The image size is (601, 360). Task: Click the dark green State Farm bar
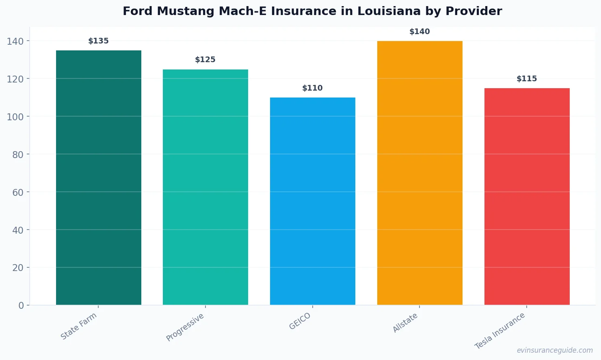99,178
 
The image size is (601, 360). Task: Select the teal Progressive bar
205,187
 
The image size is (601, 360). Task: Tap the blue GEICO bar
313,201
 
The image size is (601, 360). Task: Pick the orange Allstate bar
419,173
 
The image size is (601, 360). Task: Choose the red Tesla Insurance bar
527,196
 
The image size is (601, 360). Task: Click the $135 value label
99,41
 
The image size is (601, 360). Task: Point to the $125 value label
205,60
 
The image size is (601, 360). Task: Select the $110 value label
313,88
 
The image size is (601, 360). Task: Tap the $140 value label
419,32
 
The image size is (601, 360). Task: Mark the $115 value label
527,79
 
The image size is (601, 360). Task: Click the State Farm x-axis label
79,326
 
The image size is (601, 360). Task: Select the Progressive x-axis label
185,327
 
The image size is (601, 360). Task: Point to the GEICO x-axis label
300,321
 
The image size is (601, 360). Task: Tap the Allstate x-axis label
405,323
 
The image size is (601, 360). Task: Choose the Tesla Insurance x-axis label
500,331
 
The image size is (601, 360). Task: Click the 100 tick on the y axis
15,117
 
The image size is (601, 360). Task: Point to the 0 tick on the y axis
21,306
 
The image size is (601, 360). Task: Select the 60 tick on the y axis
18,192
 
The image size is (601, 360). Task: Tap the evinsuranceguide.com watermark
555,350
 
